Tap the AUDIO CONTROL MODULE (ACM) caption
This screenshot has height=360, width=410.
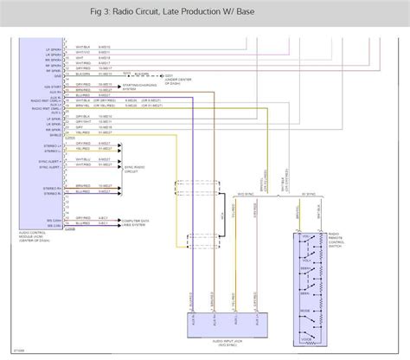click(39, 236)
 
